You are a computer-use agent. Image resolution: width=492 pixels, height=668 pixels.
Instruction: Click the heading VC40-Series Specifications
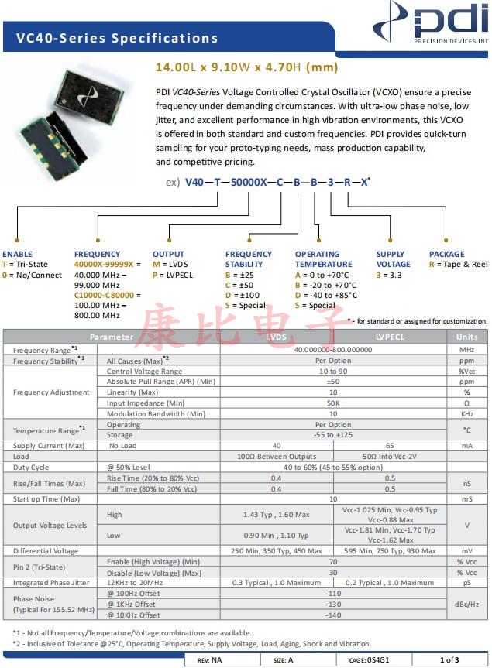pyautogui.click(x=112, y=38)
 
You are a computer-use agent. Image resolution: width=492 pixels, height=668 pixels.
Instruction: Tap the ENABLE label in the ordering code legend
pyautogui.click(x=18, y=254)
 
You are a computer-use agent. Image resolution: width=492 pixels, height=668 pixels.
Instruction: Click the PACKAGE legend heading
pyautogui.click(x=447, y=254)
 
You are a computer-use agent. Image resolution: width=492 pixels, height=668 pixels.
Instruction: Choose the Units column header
pyautogui.click(x=467, y=337)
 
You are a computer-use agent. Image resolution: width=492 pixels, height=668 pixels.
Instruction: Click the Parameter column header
pyautogui.click(x=112, y=337)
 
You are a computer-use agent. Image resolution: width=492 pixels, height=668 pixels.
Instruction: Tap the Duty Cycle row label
pyautogui.click(x=31, y=468)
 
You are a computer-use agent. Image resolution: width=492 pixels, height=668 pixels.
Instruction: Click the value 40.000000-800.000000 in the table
pyautogui.click(x=333, y=350)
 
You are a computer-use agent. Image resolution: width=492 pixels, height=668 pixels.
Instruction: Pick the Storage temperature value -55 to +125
pyautogui.click(x=333, y=435)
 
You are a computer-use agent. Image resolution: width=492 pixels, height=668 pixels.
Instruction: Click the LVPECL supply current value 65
pyautogui.click(x=390, y=446)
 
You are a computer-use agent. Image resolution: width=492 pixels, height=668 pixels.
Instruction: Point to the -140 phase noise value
pyautogui.click(x=333, y=615)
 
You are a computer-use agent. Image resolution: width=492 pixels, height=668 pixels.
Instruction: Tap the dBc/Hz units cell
pyautogui.click(x=467, y=604)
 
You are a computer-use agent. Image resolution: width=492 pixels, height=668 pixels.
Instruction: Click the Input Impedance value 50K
pyautogui.click(x=333, y=403)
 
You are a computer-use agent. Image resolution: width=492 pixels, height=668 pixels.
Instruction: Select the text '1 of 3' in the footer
pyautogui.click(x=450, y=660)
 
